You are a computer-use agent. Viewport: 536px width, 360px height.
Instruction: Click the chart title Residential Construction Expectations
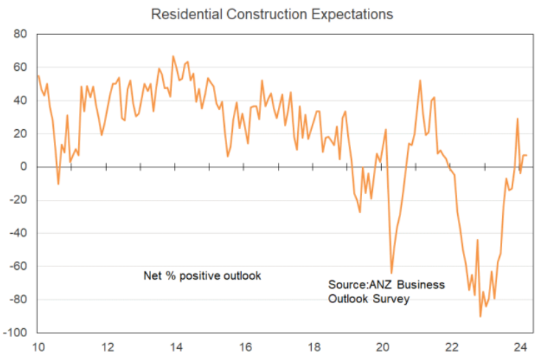[271, 14]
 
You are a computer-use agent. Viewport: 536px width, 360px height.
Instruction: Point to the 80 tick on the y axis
[20, 34]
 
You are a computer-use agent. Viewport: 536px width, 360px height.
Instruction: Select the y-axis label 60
[20, 67]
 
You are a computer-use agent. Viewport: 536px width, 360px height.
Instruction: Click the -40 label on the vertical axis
[18, 233]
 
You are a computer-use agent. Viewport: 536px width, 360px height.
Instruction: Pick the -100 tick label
[15, 333]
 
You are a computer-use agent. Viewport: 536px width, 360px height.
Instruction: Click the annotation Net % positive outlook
[202, 276]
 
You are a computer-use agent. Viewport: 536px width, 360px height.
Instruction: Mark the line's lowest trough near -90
[480, 316]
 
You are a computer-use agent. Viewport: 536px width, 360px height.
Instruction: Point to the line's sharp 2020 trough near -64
[391, 273]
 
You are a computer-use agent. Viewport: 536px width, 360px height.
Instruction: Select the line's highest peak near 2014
[173, 56]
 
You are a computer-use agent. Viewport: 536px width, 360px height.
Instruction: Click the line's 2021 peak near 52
[420, 80]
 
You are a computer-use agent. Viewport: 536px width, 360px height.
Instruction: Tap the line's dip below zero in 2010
[58, 184]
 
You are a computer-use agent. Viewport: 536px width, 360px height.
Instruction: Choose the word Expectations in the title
[349, 14]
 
